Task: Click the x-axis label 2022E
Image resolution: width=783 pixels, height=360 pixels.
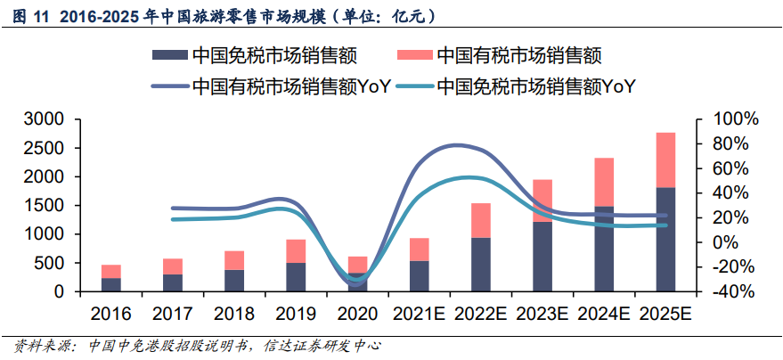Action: tap(481, 315)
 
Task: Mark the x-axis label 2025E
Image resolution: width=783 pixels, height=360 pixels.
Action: tap(665, 315)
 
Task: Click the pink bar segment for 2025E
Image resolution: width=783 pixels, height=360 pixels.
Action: tap(665, 160)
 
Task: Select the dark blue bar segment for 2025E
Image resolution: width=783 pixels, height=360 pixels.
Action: tap(665, 239)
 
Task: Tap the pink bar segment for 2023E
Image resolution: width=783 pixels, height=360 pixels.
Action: tap(542, 200)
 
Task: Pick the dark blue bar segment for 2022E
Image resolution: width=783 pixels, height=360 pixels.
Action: tap(481, 264)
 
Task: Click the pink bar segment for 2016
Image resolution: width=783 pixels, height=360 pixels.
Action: tap(111, 271)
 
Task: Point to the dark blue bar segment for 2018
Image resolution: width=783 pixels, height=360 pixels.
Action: tap(234, 281)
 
